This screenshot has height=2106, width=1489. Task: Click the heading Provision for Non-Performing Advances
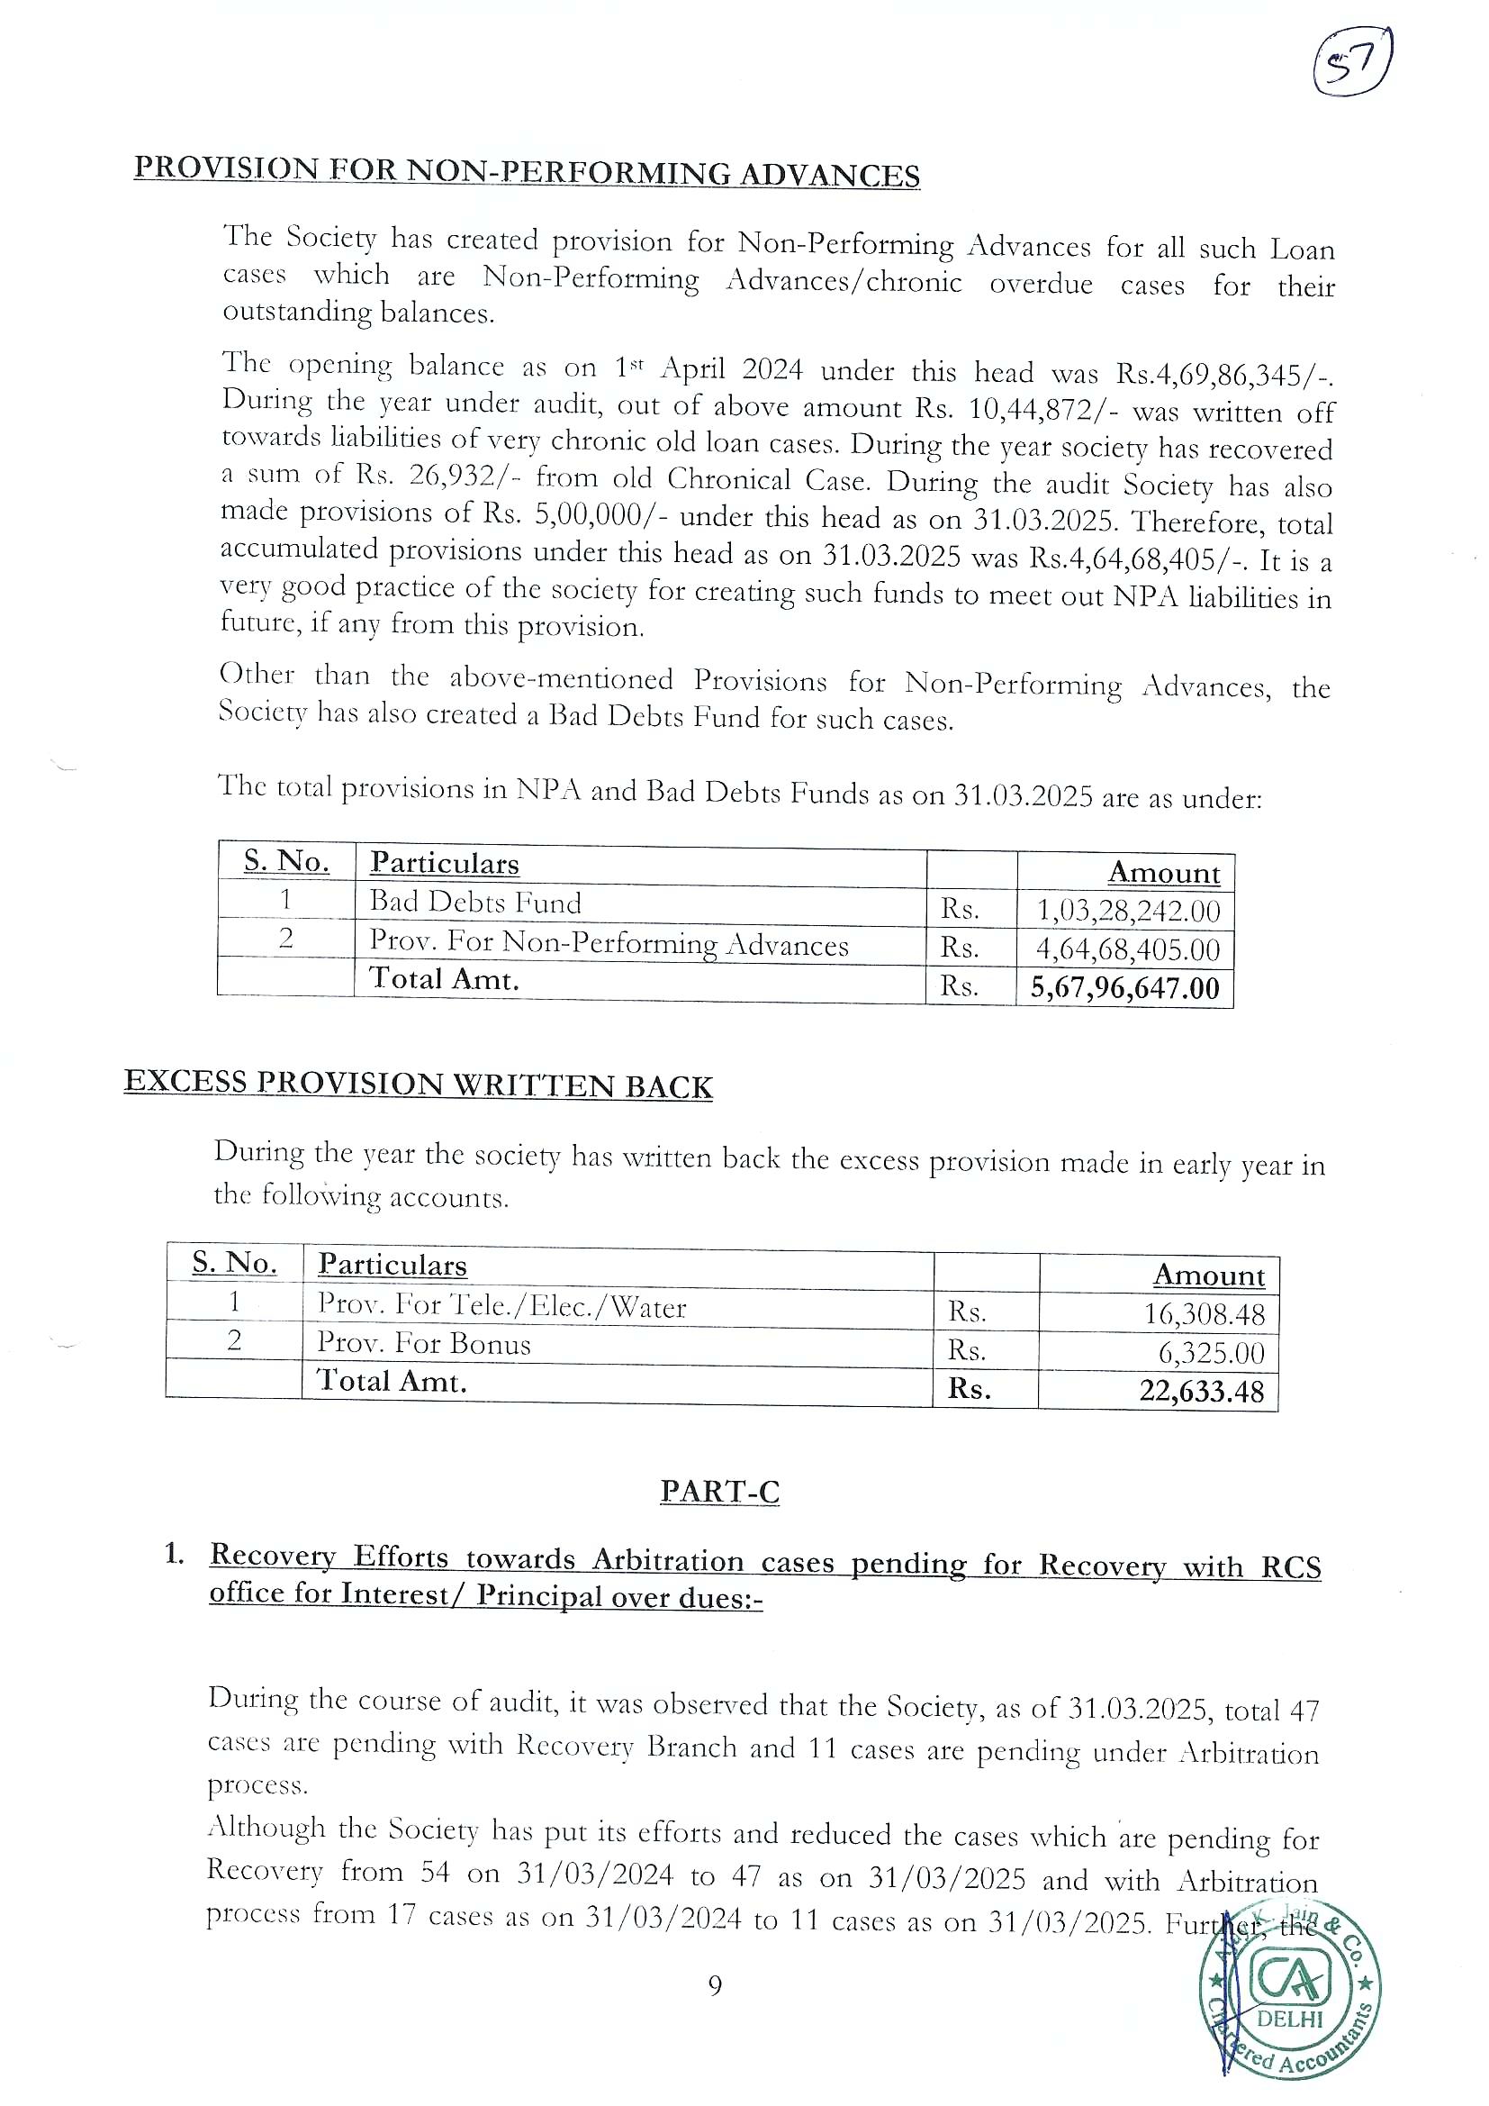click(527, 171)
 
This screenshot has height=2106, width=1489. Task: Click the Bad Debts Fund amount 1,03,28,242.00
click(1128, 911)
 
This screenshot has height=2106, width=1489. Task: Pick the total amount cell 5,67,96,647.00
click(1125, 988)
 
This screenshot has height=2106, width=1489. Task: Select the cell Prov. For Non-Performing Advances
click(609, 944)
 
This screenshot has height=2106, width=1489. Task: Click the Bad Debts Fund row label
click(475, 903)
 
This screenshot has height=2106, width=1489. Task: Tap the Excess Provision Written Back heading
click(418, 1085)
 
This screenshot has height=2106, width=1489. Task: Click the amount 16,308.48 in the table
click(1203, 1314)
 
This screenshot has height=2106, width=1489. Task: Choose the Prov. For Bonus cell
click(424, 1345)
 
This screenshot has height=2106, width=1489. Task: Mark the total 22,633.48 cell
click(1201, 1392)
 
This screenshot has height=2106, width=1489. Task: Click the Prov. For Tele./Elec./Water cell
click(501, 1305)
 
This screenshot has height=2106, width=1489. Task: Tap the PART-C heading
click(720, 1493)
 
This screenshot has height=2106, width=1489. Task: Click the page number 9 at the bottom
click(715, 1986)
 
